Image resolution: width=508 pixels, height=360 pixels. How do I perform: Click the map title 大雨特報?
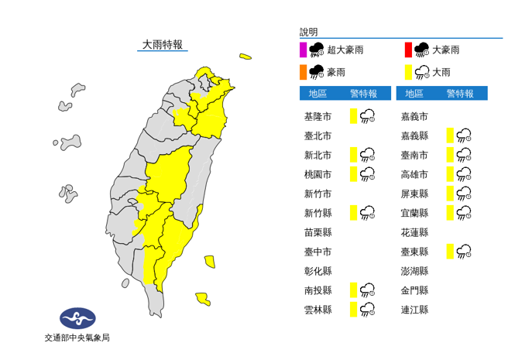point(163,45)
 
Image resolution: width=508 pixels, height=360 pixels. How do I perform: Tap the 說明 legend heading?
point(309,32)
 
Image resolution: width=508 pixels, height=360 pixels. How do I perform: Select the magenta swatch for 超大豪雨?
point(302,50)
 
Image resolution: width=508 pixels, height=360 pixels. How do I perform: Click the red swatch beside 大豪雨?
point(407,50)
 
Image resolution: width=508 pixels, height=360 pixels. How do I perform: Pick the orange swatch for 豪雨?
point(302,73)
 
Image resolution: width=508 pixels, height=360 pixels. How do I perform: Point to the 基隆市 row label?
point(319,117)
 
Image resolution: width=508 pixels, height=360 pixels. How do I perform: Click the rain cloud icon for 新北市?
point(368,155)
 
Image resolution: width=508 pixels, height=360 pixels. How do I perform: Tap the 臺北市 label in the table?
point(319,135)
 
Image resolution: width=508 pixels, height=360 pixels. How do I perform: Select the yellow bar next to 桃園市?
point(352,173)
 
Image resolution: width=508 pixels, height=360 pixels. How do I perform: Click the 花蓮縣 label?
point(414,231)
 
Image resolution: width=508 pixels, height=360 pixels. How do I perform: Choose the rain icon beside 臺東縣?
point(464,251)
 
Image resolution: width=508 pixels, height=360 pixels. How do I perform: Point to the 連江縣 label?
point(414,309)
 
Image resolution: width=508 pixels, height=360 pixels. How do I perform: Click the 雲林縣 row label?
point(319,309)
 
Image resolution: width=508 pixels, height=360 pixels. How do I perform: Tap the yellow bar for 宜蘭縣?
point(449,212)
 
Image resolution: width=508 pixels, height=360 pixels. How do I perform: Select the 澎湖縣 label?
point(414,270)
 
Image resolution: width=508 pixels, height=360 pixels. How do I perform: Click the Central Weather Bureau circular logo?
point(77,318)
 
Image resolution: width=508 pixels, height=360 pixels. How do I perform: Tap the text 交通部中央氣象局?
point(77,338)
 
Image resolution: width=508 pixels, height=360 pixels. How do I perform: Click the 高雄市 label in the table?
point(414,174)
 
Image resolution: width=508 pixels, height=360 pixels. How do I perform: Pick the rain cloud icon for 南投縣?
point(368,290)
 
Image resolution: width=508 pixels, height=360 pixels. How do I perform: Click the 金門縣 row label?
point(414,290)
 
